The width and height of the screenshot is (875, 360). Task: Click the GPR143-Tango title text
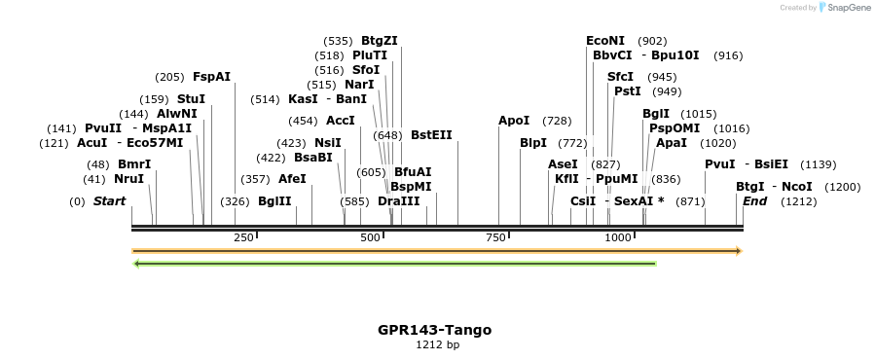434,330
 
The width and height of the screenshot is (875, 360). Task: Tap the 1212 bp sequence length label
437,345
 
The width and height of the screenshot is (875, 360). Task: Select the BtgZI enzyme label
380,41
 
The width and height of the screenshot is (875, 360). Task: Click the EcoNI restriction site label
604,41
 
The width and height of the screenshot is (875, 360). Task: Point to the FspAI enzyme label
211,77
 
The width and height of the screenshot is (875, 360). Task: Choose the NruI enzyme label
128,179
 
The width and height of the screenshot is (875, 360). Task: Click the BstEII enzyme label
431,135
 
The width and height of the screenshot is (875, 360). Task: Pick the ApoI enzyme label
514,121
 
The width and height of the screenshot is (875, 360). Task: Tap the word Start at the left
109,201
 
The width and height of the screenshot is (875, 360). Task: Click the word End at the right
754,201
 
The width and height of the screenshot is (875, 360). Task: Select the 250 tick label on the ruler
243,238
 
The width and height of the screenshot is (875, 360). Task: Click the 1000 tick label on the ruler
616,238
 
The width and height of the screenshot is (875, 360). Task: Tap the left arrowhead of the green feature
137,263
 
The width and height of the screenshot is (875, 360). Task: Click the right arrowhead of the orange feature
739,251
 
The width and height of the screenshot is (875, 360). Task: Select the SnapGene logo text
849,8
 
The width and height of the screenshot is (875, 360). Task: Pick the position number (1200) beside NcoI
842,187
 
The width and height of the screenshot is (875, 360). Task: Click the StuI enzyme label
191,99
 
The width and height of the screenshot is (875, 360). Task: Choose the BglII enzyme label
274,201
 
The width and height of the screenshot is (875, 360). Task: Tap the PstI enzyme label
627,91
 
